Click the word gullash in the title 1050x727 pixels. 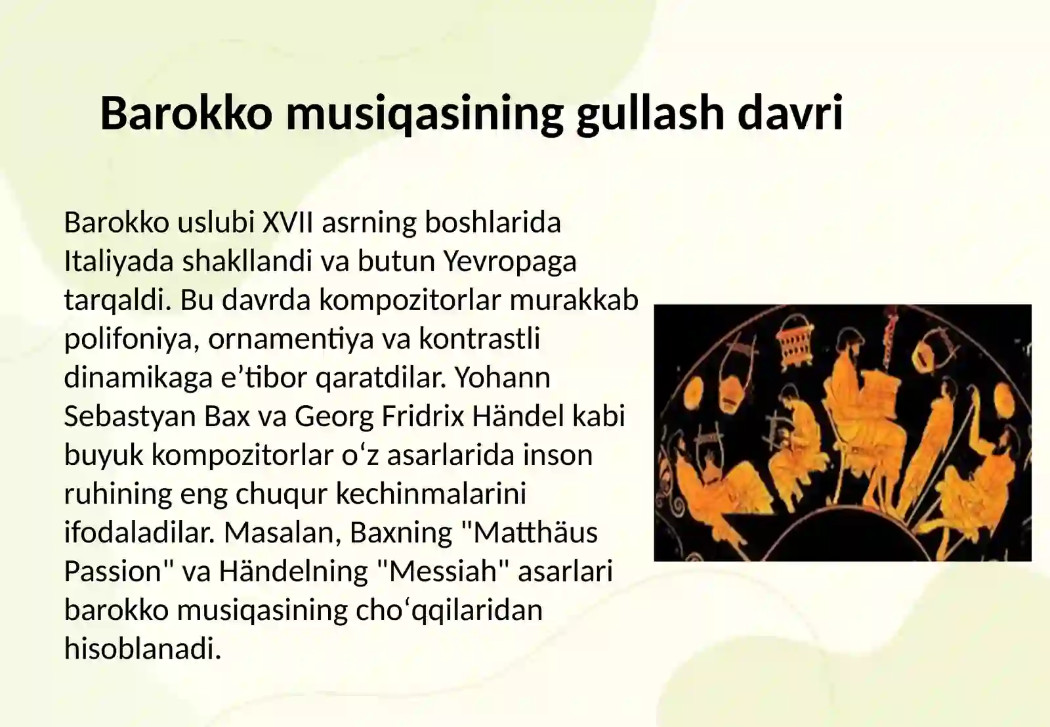649,114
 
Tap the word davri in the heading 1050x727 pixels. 790,112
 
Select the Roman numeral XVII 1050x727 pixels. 288,223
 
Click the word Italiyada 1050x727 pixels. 119,261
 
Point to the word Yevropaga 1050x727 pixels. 510,261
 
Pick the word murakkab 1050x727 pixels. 574,300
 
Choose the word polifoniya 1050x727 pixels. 131,340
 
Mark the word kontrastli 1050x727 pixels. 479,339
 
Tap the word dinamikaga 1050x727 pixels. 138,378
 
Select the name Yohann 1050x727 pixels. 503,378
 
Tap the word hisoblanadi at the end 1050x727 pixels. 142,649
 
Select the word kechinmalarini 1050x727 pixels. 431,494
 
